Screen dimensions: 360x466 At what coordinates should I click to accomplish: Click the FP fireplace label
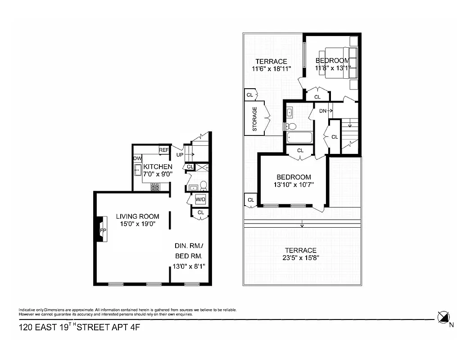(103, 230)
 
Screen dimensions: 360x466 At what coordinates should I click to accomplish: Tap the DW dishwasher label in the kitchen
(137, 158)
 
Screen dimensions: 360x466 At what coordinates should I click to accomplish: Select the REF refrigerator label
(164, 150)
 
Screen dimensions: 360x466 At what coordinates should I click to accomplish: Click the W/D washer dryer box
(200, 199)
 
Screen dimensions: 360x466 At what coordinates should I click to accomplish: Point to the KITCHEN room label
(158, 166)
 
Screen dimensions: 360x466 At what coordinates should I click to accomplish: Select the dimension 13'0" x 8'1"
(189, 266)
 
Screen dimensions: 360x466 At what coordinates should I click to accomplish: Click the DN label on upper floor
(322, 110)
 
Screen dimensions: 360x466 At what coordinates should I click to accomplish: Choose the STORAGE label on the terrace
(255, 119)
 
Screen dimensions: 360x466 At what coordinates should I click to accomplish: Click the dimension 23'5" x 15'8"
(301, 258)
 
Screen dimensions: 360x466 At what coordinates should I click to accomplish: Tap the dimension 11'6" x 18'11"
(271, 69)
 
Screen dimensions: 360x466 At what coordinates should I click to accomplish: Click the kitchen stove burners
(155, 187)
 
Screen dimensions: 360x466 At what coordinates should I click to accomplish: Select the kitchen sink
(138, 171)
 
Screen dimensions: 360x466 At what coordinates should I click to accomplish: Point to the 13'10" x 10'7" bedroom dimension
(294, 184)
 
